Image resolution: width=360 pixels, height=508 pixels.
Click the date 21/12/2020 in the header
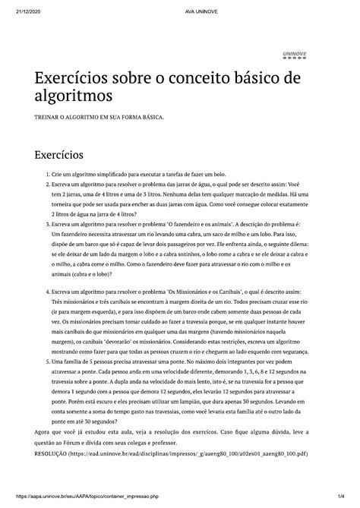click(x=17, y=7)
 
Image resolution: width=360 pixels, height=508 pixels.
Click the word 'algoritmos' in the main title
click(x=69, y=97)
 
